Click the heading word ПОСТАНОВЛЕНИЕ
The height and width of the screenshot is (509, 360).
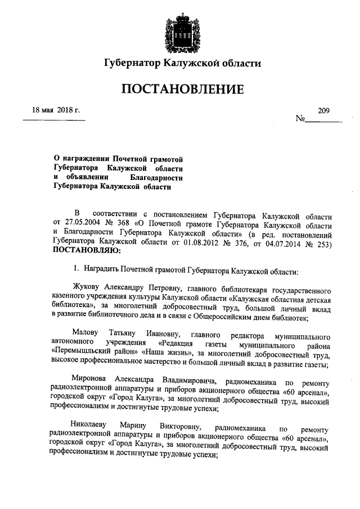[180, 89]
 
